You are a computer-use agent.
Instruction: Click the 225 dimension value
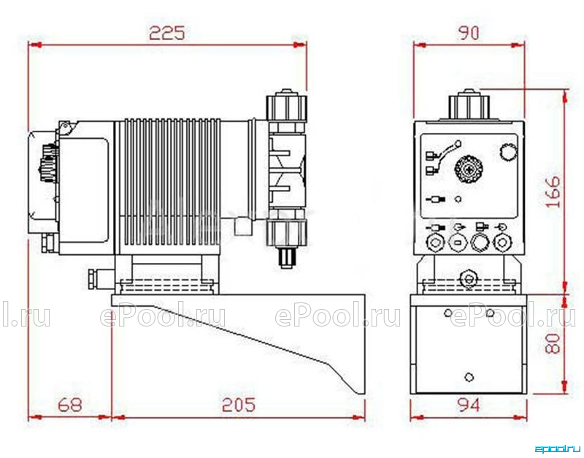(x=167, y=33)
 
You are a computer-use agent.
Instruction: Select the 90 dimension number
(x=469, y=33)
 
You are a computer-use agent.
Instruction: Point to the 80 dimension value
(x=553, y=343)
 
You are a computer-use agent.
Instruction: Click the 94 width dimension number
(x=468, y=405)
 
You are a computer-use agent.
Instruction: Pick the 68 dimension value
(x=70, y=405)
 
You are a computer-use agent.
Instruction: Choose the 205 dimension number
(x=239, y=405)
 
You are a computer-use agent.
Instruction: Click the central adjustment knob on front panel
(x=469, y=169)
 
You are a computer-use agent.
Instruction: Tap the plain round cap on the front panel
(x=508, y=152)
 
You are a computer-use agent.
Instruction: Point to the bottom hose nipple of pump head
(x=286, y=258)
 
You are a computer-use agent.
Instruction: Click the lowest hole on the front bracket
(x=469, y=377)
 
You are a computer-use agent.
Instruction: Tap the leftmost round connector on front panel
(x=434, y=243)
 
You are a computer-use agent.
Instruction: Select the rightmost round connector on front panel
(x=502, y=243)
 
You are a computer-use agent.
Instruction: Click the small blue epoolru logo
(x=557, y=449)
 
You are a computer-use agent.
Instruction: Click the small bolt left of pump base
(x=92, y=279)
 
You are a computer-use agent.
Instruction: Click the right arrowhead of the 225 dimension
(x=300, y=45)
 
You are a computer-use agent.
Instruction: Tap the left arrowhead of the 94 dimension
(x=417, y=417)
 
